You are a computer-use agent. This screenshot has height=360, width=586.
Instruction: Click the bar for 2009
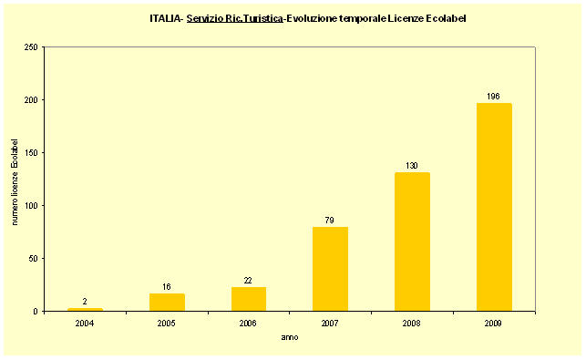pos(494,207)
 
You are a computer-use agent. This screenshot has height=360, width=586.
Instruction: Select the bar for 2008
pos(412,242)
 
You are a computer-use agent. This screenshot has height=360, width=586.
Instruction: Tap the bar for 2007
pos(330,269)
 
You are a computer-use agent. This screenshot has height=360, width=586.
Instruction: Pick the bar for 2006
pos(249,299)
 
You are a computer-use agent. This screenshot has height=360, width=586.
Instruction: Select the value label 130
pos(412,166)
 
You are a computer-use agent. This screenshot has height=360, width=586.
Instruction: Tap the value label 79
pos(330,220)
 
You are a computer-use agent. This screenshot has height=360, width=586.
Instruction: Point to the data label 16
pos(167,286)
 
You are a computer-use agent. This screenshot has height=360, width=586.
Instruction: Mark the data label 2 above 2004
pos(85,302)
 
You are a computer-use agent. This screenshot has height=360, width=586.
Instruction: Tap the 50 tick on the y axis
pos(33,258)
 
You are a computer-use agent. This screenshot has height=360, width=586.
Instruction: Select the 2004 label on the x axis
pos(85,322)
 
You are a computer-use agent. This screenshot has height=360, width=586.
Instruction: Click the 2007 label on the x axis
pos(330,322)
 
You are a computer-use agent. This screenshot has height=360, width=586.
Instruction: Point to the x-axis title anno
pos(289,337)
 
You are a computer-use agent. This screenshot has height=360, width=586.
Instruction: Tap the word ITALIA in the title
pos(165,17)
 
